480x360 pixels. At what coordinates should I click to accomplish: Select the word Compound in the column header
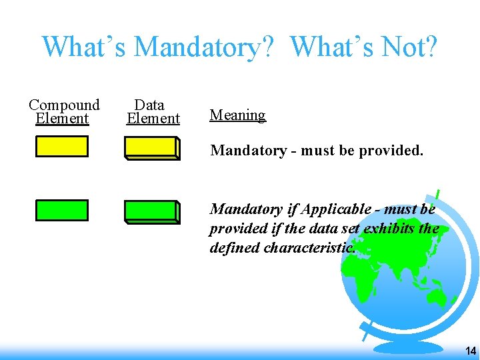click(64, 105)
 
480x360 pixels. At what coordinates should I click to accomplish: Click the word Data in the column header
click(149, 105)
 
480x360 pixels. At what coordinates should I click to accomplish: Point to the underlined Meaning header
click(237, 115)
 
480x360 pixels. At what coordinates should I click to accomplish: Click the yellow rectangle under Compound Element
click(62, 146)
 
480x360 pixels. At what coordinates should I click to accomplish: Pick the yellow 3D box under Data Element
click(152, 148)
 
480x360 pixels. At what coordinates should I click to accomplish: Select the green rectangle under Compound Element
click(62, 210)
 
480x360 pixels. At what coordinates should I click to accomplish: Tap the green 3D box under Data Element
click(152, 211)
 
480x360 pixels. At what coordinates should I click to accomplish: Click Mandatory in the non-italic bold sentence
click(248, 150)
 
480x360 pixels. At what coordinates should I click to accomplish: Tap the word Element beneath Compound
click(62, 119)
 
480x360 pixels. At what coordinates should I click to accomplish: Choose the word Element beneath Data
click(153, 119)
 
